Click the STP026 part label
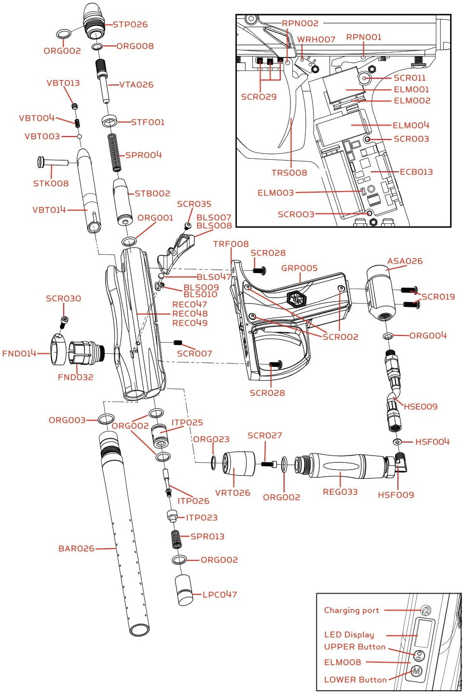[x=130, y=25]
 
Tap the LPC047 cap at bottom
[x=184, y=590]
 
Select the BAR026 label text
[x=76, y=549]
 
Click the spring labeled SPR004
[x=115, y=152]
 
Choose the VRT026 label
[x=232, y=493]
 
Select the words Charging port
[x=352, y=611]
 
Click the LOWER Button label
[x=355, y=680]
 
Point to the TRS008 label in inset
[x=289, y=173]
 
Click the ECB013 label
[x=416, y=172]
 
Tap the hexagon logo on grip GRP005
[x=296, y=299]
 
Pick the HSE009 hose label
[x=420, y=407]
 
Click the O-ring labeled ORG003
[x=106, y=418]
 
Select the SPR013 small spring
[x=177, y=539]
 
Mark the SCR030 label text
[x=63, y=299]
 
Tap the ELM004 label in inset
[x=410, y=125]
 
